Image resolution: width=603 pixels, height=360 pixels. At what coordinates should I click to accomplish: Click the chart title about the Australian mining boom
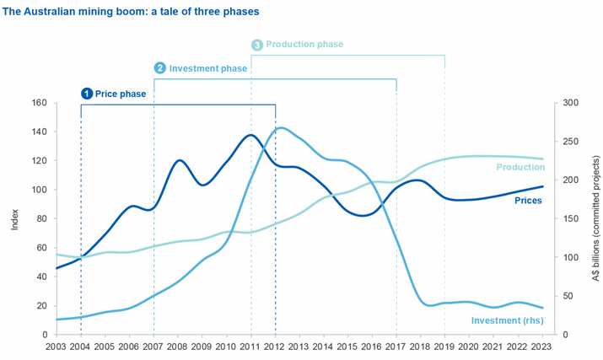131,13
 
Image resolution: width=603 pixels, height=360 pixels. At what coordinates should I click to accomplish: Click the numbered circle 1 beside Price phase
86,94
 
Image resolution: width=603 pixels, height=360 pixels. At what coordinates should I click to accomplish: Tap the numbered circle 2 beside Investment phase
159,68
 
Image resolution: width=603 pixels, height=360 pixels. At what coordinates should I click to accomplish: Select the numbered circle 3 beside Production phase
257,44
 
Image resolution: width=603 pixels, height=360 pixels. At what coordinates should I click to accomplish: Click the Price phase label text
120,94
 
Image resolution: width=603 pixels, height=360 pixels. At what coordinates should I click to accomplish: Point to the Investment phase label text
208,68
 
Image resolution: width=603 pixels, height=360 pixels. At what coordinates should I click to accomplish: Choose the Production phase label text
304,44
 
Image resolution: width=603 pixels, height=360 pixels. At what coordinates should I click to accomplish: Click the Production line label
520,167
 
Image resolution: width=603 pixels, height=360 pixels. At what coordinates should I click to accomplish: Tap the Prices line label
528,201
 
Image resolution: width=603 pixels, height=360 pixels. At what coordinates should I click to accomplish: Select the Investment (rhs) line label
507,320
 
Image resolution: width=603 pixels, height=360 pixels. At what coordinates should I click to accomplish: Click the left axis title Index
14,218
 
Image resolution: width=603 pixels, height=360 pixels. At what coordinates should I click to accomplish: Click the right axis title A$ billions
595,218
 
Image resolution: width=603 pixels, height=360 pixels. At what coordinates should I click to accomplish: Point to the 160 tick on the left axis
40,103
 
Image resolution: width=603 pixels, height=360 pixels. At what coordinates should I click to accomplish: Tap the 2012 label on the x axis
275,346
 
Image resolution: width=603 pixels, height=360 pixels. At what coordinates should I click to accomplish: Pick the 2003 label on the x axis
56,346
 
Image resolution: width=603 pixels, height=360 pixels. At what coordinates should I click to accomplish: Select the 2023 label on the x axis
542,346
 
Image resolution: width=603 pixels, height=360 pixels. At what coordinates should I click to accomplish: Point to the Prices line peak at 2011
250,135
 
